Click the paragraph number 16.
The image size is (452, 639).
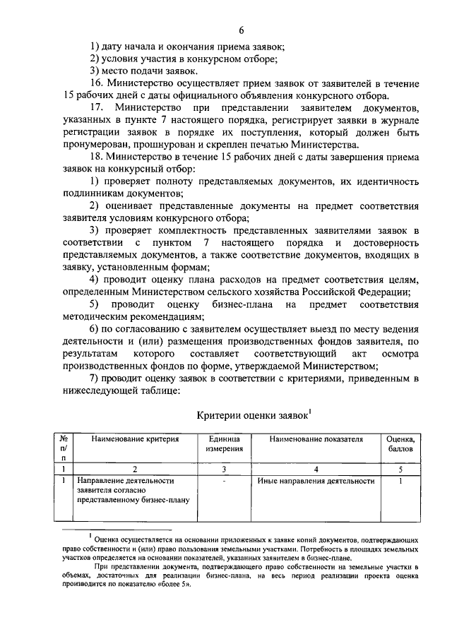[x=96, y=83]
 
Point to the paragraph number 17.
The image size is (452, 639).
[x=97, y=107]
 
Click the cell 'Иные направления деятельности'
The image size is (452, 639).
[x=316, y=481]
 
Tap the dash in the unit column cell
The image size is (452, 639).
[x=223, y=481]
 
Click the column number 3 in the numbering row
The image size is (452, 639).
[x=223, y=468]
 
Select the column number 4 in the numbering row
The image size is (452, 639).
[x=316, y=468]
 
